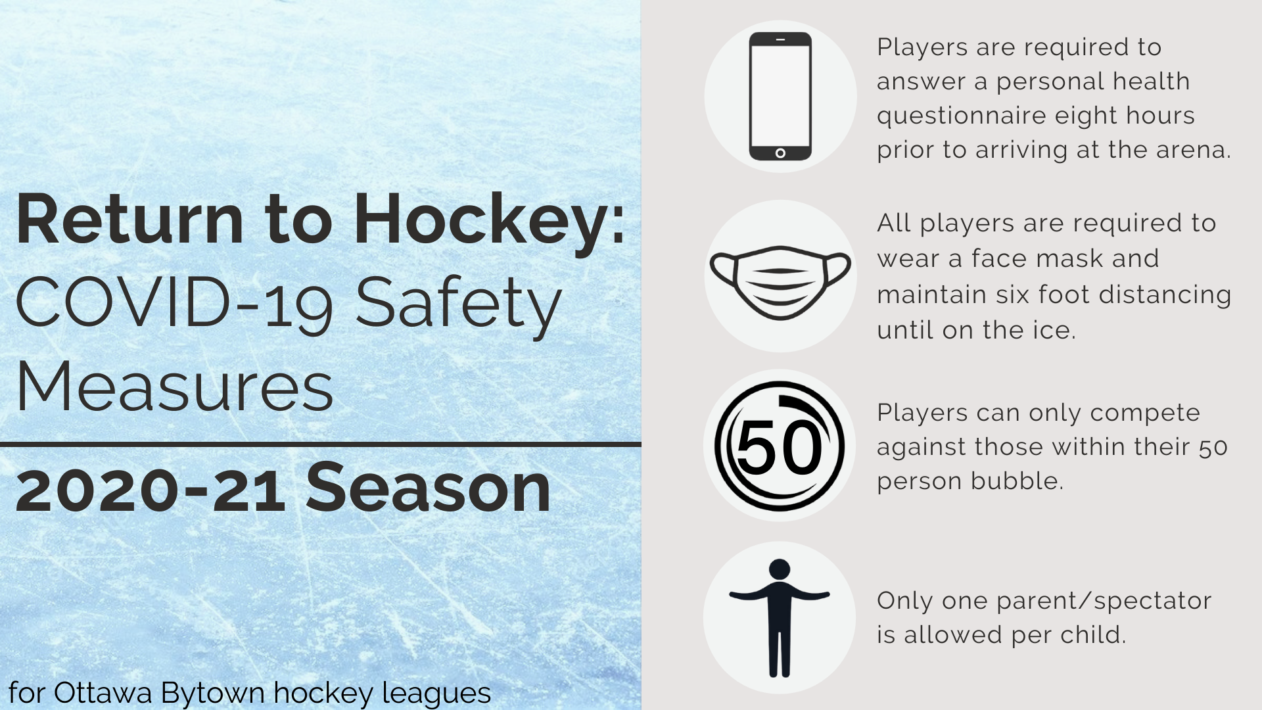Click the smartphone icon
pyautogui.click(x=780, y=96)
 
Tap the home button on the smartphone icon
pyautogui.click(x=780, y=153)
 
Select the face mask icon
pyautogui.click(x=780, y=282)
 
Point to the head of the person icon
pyautogui.click(x=779, y=569)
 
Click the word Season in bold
pyautogui.click(x=428, y=488)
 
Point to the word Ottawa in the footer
pyautogui.click(x=104, y=692)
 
